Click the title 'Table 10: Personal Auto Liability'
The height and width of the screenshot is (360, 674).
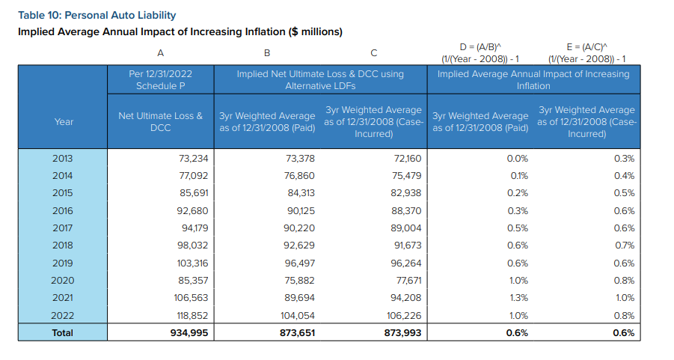(x=96, y=16)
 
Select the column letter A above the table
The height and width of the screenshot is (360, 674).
(x=160, y=53)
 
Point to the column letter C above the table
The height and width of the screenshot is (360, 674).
(x=373, y=53)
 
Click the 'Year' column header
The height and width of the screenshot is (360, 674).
(x=64, y=122)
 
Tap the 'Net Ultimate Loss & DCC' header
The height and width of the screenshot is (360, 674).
(x=160, y=122)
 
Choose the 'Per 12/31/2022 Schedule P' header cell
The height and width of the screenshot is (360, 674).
(x=160, y=79)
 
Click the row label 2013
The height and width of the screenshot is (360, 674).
(x=63, y=158)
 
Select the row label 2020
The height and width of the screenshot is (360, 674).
(x=63, y=281)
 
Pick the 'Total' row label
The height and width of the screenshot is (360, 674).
(x=63, y=333)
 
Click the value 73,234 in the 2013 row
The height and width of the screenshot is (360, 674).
(x=194, y=158)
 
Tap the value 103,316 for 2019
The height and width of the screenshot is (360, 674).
(x=192, y=263)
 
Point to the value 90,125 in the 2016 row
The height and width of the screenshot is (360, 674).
(x=301, y=211)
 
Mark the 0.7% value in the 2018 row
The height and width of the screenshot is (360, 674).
(x=624, y=245)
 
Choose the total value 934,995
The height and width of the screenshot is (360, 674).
(x=189, y=333)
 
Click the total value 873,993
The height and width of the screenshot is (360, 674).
(x=402, y=333)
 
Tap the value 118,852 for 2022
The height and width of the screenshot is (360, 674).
(x=192, y=315)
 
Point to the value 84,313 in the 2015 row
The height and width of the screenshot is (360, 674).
(x=301, y=192)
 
